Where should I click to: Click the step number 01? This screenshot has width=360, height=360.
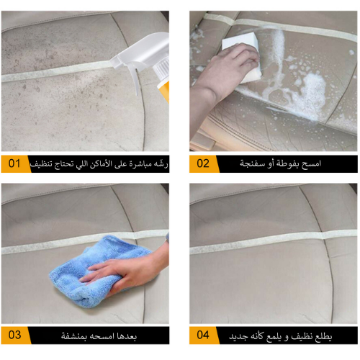coord(14,163)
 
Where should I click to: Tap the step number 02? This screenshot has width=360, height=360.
coord(203,163)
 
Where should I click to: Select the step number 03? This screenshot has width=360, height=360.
coord(14,335)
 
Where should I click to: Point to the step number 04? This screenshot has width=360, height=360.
coord(203,335)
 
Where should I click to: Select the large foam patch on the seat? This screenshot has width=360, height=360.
coord(310,96)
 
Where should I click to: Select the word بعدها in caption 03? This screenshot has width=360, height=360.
coord(127,336)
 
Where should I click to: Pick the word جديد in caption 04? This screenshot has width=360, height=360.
coord(238,336)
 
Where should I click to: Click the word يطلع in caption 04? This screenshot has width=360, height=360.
coord(322,336)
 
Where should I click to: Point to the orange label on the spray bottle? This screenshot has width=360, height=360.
coord(164,92)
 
